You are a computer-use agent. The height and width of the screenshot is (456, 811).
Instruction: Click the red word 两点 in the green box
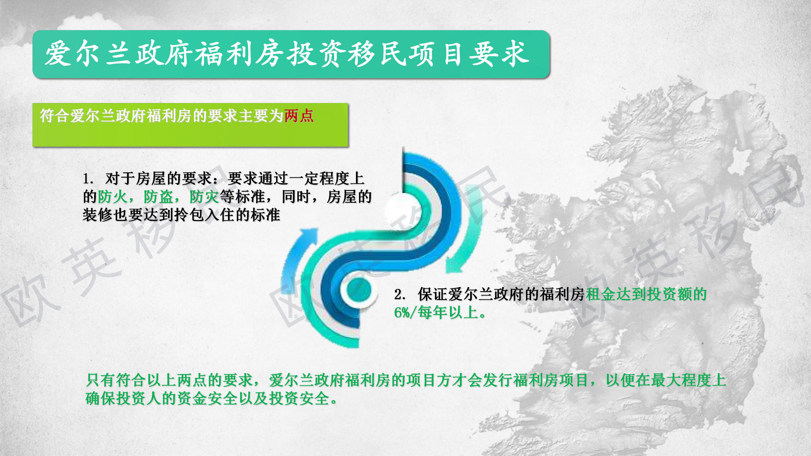[x=299, y=116]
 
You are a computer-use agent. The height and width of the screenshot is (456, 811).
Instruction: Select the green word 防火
[x=112, y=197]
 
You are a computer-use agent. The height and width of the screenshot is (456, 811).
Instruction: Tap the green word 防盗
[x=158, y=197]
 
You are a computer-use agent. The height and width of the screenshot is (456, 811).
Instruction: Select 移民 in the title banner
[x=378, y=54]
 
